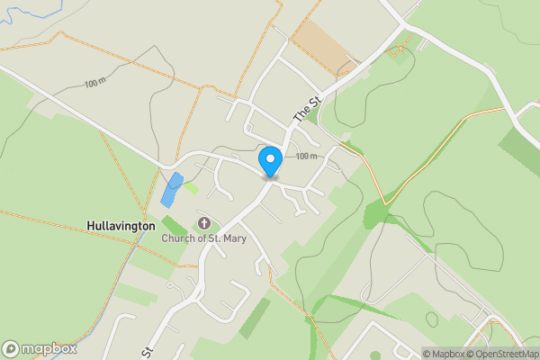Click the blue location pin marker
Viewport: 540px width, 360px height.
(270, 162)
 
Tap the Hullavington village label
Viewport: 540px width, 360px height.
(121, 225)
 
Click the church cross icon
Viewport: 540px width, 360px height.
(202, 223)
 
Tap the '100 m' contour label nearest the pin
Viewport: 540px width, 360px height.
(307, 157)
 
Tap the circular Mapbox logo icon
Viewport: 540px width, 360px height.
(12, 348)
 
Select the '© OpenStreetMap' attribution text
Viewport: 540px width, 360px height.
(504, 354)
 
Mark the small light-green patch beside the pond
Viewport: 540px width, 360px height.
(191, 187)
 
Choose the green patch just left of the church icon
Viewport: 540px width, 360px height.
(174, 225)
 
